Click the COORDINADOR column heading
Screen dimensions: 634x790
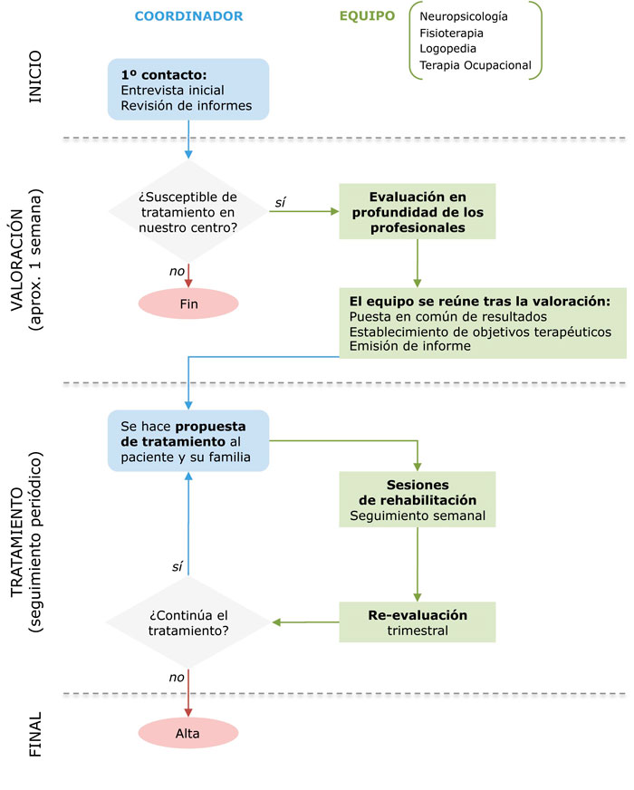click(188, 16)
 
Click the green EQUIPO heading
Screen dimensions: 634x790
click(367, 16)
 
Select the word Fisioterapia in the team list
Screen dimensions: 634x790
click(451, 34)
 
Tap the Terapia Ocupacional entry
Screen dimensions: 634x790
click(475, 65)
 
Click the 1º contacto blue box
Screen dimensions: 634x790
click(188, 89)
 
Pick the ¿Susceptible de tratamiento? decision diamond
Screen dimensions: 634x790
click(188, 212)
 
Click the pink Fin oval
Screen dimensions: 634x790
click(188, 303)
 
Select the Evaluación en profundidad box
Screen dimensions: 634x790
click(418, 212)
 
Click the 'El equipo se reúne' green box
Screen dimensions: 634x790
click(483, 323)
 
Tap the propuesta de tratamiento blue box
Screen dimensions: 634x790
click(188, 441)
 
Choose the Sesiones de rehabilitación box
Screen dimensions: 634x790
click(418, 499)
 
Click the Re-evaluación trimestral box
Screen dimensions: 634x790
click(418, 622)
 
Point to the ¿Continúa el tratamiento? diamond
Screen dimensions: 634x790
click(188, 622)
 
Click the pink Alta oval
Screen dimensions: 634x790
click(188, 733)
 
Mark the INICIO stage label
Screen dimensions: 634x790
click(34, 77)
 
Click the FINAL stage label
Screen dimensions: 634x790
click(34, 734)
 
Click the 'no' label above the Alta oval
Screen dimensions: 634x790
click(177, 678)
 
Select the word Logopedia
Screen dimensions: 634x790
click(447, 49)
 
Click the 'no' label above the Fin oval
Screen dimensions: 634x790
click(177, 272)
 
